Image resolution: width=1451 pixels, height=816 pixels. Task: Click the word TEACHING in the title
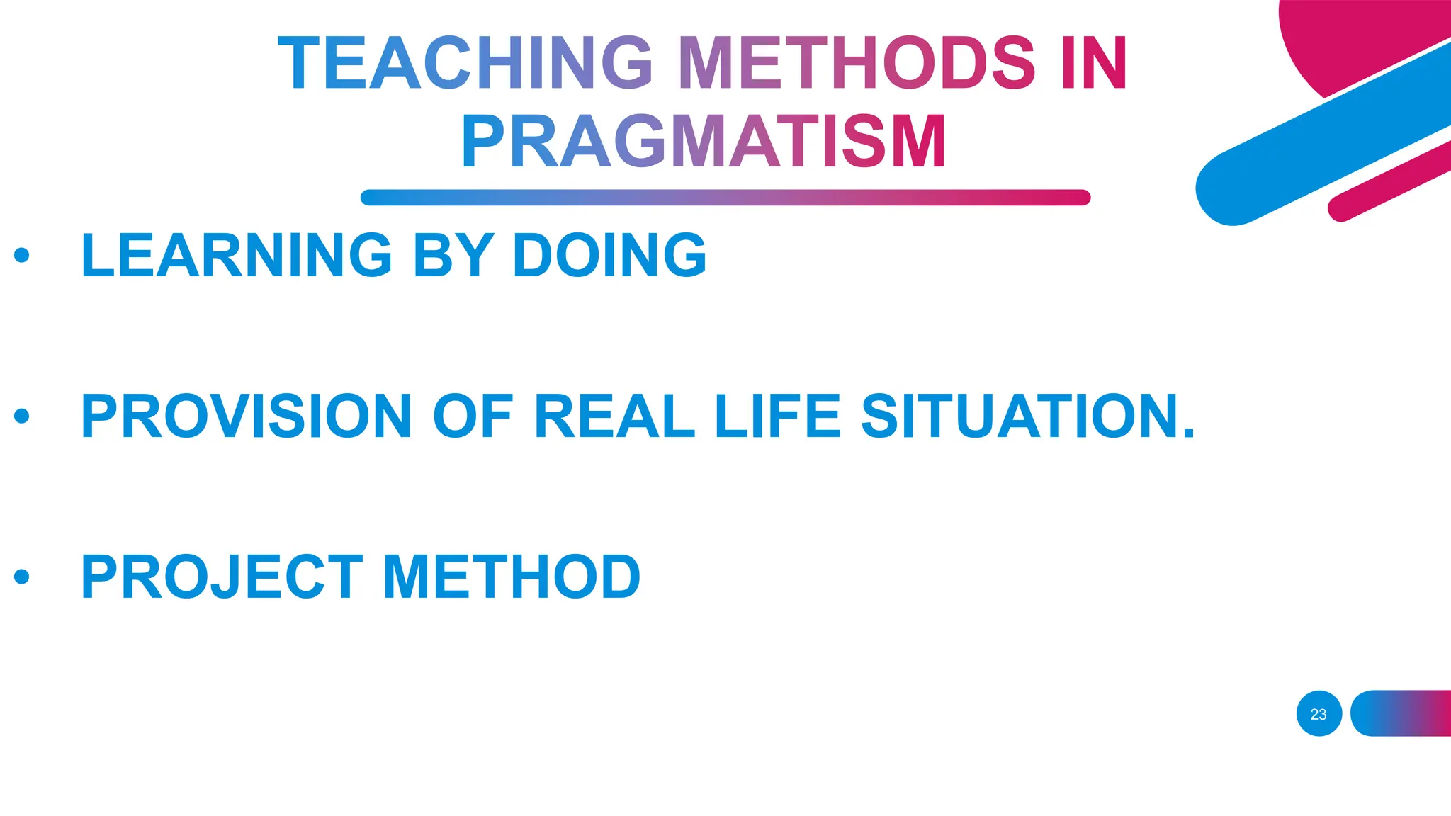(465, 64)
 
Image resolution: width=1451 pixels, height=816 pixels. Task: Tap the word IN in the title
(1094, 64)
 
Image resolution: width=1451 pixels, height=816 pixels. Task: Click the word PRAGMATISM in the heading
(704, 142)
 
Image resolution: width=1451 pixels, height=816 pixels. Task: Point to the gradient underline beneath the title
(725, 198)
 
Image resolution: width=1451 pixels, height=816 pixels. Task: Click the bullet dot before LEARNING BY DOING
(22, 255)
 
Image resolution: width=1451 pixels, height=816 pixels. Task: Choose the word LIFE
(778, 416)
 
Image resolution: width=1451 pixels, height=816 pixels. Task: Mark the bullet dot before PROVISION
(22, 416)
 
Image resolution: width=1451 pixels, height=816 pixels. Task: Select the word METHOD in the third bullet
(512, 577)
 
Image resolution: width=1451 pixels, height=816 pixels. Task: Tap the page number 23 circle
(1319, 714)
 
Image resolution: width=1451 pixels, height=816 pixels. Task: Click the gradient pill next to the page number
(1401, 714)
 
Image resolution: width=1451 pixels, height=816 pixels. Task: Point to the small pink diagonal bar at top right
(1389, 181)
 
